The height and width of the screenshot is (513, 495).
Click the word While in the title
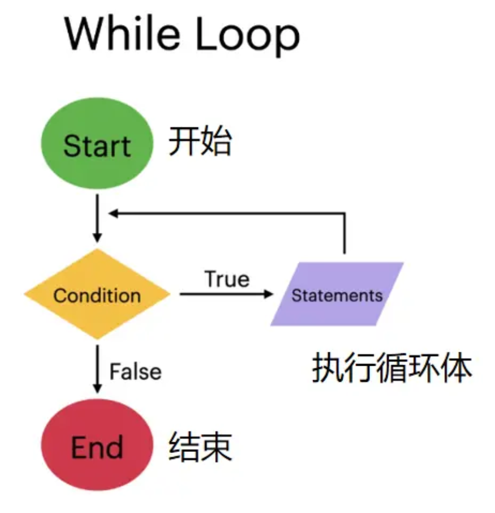[122, 34]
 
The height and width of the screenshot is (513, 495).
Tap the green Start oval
[97, 143]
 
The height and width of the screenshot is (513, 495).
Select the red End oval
[97, 445]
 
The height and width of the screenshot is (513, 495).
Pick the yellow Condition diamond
[97, 294]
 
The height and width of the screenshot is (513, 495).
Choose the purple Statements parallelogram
[337, 294]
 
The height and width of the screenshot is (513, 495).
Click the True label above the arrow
[227, 279]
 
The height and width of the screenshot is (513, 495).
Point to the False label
[136, 372]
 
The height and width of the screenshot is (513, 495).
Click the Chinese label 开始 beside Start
[200, 141]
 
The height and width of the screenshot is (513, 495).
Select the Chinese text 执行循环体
[392, 368]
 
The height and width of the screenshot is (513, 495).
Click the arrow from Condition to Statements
[226, 294]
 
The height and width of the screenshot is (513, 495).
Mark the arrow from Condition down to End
[97, 368]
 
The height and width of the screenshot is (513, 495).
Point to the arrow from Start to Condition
[97, 218]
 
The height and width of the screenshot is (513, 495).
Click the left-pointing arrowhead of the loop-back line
[113, 213]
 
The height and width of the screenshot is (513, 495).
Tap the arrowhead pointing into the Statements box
[269, 294]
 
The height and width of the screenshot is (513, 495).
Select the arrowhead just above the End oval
[97, 389]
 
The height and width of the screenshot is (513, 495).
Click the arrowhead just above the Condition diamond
[97, 238]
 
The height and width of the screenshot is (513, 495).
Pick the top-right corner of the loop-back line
[344, 213]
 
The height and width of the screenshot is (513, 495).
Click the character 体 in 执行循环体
[457, 368]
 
